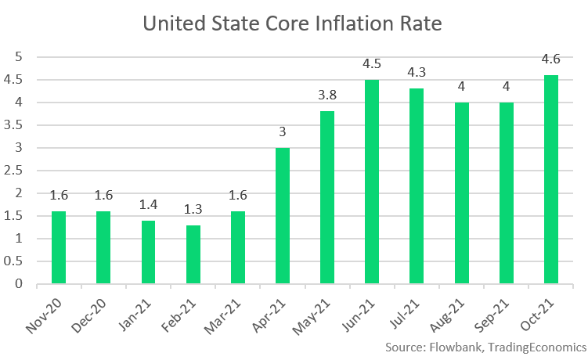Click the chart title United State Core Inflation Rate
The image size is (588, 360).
click(293, 24)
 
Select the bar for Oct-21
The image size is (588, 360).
click(551, 179)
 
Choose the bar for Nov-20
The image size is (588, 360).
click(59, 247)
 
